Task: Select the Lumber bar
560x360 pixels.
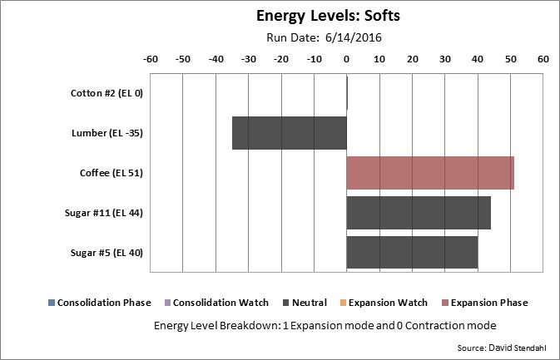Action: [x=289, y=132]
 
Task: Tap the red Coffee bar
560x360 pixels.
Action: [x=429, y=172]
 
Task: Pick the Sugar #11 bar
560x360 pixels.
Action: [x=418, y=212]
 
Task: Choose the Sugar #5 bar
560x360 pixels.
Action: [x=412, y=252]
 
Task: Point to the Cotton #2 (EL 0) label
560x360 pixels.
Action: [x=107, y=93]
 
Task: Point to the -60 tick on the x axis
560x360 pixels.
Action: [x=151, y=60]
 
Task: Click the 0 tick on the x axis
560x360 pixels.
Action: [x=346, y=60]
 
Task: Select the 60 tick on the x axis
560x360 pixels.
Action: [x=543, y=60]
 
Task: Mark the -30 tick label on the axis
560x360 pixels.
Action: [x=249, y=60]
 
